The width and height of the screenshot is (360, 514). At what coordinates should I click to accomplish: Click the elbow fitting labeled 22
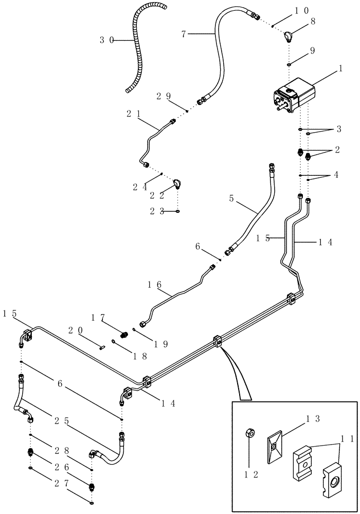(x=176, y=184)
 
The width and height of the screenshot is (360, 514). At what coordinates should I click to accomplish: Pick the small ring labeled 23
(x=177, y=211)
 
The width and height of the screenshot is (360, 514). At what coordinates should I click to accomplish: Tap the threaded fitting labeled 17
(x=123, y=335)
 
